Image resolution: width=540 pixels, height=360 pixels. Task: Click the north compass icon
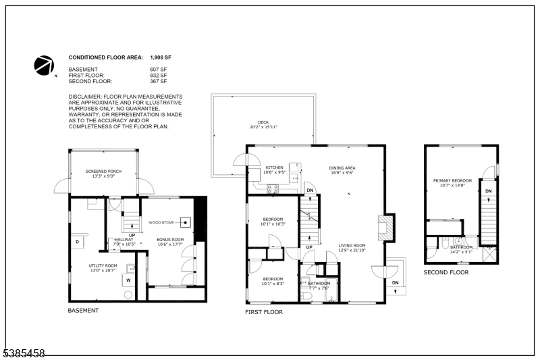(x=45, y=66)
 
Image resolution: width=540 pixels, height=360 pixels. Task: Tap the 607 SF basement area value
(x=157, y=70)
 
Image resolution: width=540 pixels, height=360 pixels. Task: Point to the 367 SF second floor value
(x=157, y=81)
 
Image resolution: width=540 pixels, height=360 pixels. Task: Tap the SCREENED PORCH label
(x=103, y=172)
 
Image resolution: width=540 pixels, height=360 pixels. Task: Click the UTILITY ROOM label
(x=103, y=265)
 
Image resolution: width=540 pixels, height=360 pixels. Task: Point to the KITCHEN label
(x=274, y=168)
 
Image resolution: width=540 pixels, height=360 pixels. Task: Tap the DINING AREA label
(x=342, y=168)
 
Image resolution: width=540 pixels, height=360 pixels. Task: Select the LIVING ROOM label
(x=352, y=246)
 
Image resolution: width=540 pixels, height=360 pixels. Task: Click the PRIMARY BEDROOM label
(x=452, y=180)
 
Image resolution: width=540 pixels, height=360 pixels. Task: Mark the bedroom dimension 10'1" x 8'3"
(x=274, y=284)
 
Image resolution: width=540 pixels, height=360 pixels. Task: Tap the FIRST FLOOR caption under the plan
(x=264, y=312)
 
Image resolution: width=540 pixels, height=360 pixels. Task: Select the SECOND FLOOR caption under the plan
(x=446, y=272)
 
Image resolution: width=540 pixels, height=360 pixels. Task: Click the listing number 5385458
(x=23, y=353)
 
